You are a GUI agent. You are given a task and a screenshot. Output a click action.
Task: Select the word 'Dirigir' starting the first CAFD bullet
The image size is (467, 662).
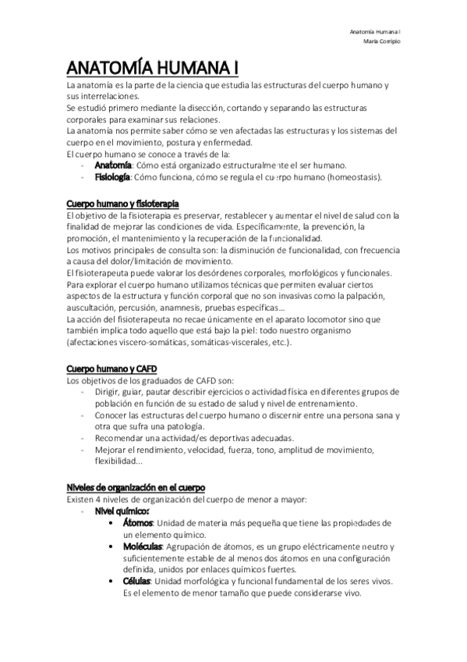108,391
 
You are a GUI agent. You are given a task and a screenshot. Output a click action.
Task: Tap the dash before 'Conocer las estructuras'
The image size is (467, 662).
83,415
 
